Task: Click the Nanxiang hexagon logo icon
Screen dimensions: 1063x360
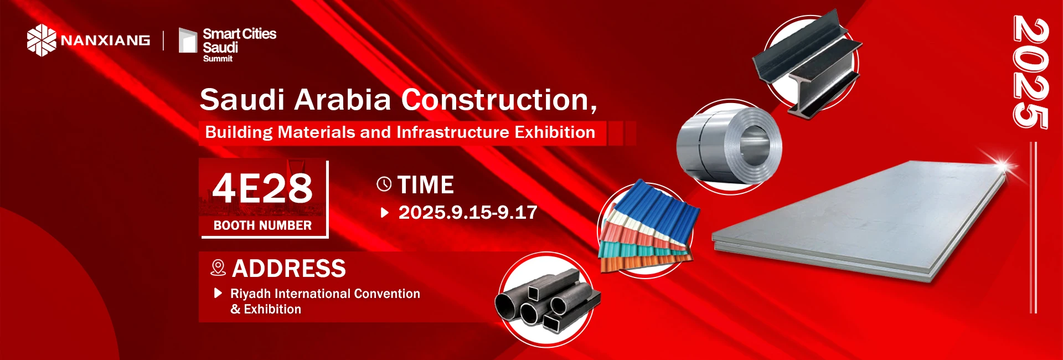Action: pos(42,40)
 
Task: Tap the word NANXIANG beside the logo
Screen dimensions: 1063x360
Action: pos(105,40)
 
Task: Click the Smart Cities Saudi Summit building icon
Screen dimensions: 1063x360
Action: pos(188,40)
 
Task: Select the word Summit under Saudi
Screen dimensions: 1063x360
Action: pos(218,59)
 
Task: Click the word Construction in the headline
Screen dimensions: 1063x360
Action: pos(499,100)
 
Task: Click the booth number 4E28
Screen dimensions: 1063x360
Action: pos(262,188)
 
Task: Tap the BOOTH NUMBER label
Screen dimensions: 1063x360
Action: pos(262,225)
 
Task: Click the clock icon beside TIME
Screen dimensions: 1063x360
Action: pos(384,184)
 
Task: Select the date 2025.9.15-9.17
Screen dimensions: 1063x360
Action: pos(468,212)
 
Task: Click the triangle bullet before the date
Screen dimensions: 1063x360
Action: pos(385,212)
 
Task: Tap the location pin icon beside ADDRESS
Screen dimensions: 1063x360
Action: pos(218,268)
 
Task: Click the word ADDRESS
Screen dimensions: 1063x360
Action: pos(289,269)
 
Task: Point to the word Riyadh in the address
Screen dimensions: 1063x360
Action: pos(250,294)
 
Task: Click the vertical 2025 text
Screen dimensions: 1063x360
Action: pos(1030,73)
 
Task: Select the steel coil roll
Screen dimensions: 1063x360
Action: pos(729,145)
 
